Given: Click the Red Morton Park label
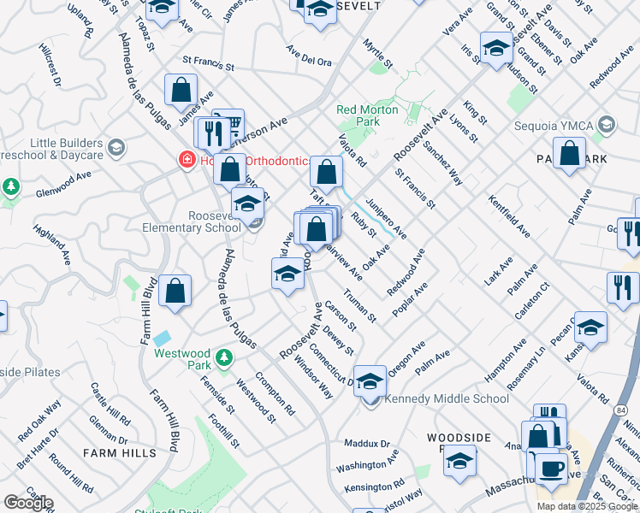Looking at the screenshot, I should coord(367,115).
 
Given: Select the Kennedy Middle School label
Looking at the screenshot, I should coord(447,398).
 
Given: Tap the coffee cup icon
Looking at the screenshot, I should coord(552,467).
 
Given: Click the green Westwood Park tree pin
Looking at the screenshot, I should coord(223,356).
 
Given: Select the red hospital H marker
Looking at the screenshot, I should coord(184,159).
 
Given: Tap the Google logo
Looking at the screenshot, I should coord(27,503).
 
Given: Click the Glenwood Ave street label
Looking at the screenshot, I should coord(63,186).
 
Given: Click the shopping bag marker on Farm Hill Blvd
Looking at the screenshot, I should coord(175,291).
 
